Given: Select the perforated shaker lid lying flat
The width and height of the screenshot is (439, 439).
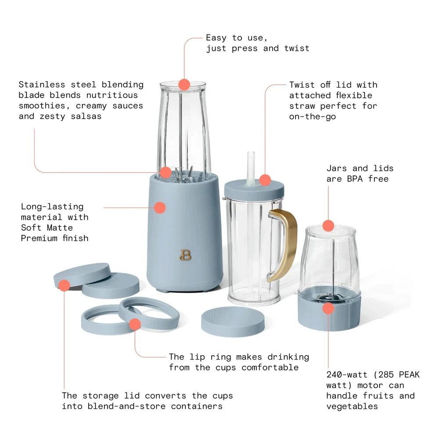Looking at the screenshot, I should (x=233, y=321).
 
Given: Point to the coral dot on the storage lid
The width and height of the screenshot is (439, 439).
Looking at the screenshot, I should (x=65, y=285).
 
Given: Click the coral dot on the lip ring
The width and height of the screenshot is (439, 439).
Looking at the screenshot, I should (x=135, y=324).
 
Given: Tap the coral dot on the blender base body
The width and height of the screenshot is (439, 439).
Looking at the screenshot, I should (x=160, y=208).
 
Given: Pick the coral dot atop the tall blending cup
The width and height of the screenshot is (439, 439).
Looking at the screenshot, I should (x=184, y=84).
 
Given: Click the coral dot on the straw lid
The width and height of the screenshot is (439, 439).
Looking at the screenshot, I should (x=265, y=180).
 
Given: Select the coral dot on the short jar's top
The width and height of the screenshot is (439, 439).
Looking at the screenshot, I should (x=328, y=226).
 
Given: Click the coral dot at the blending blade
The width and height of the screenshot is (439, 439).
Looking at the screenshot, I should (x=166, y=172).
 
